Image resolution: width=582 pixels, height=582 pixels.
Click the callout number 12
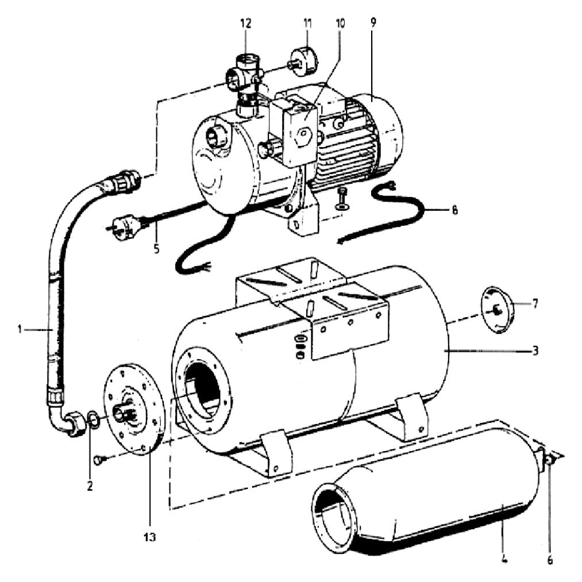(246, 24)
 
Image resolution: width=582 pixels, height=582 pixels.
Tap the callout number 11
(307, 24)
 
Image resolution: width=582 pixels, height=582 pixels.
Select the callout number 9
(373, 22)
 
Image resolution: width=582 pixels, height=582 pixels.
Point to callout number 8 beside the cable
(454, 210)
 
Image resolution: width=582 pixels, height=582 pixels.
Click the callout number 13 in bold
(150, 537)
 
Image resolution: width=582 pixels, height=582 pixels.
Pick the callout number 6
(550, 560)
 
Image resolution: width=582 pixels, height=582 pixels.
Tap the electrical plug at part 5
(122, 226)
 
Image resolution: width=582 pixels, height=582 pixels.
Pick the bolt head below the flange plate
(100, 460)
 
